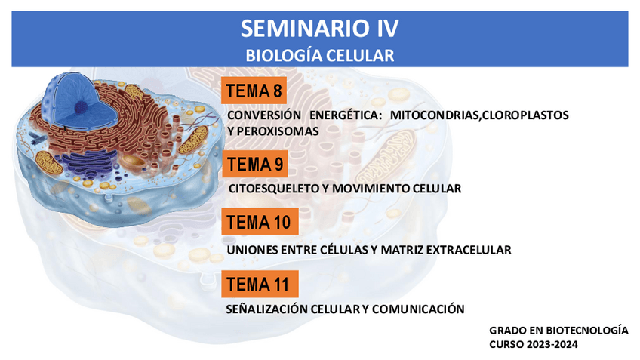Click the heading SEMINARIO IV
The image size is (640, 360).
319,29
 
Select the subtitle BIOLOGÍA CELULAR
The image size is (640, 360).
319,56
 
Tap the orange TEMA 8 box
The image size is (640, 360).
254,91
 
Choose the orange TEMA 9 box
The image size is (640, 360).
255,164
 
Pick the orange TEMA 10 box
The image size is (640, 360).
260,222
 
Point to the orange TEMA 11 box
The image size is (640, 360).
260,284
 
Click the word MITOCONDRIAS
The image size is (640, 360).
434,115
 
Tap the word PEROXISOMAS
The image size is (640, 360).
278,131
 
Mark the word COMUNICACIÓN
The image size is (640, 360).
418,309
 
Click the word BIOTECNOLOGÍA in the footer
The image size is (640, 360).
587,331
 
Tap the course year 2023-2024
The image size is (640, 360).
552,344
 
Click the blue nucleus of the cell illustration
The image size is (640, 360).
69,98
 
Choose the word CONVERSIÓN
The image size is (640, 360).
264,115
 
